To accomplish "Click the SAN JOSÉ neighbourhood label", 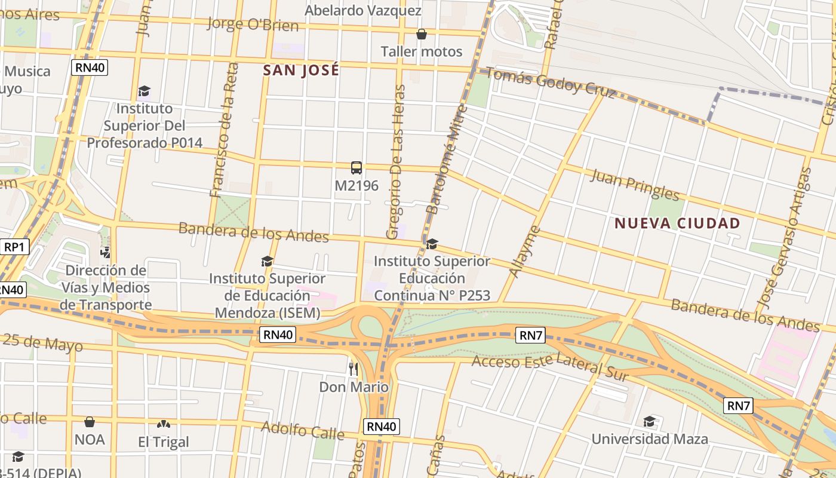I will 301,71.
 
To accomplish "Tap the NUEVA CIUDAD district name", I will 677,223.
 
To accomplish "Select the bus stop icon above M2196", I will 356,168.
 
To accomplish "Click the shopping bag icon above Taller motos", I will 422,34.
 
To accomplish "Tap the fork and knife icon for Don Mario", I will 354,369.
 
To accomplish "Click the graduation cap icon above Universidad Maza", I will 649,422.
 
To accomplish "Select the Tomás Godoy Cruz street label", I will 550,82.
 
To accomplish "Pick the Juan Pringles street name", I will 635,185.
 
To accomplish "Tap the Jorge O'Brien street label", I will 252,24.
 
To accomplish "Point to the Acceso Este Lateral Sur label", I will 550,367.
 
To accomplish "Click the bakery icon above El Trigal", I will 163,424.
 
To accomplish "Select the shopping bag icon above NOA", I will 90,422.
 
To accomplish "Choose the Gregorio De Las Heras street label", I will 396,162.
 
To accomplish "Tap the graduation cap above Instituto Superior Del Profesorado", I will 144,91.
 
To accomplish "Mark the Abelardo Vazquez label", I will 363,11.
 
